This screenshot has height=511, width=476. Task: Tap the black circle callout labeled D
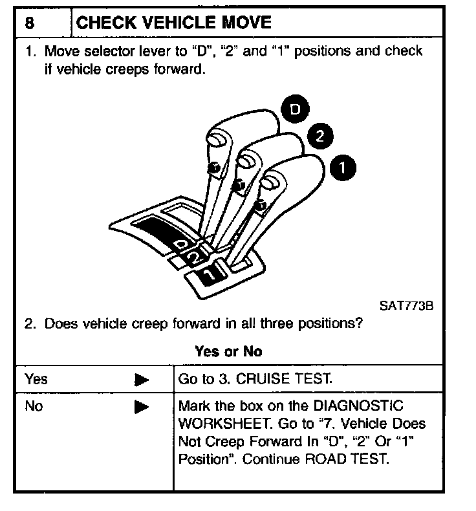[295, 111]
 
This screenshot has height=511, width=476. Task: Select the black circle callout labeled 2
[317, 136]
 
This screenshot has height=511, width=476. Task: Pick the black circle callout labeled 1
[341, 168]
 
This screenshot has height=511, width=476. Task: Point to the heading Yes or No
[228, 352]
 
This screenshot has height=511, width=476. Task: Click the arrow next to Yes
[142, 380]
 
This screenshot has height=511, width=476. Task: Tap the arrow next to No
[142, 408]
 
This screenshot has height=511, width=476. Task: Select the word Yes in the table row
[36, 379]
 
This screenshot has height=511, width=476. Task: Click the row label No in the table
[34, 407]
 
